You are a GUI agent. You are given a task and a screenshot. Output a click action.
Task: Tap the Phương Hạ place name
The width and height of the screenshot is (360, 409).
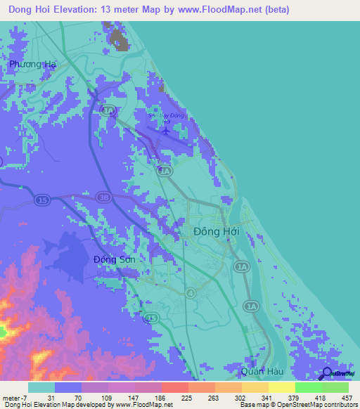pyautogui.click(x=32, y=64)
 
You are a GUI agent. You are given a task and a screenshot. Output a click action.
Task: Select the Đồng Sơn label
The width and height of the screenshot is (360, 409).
pyautogui.click(x=115, y=259)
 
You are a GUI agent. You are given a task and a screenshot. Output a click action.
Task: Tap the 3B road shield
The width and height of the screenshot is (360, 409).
pyautogui.click(x=103, y=197)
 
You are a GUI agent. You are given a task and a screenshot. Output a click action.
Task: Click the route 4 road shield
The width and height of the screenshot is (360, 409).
pyautogui.click(x=190, y=292)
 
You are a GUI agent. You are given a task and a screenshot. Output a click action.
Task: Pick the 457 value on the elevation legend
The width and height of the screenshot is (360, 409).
pyautogui.click(x=347, y=397)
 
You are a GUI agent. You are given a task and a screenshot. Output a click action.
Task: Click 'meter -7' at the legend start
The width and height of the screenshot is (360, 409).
pyautogui.click(x=15, y=397)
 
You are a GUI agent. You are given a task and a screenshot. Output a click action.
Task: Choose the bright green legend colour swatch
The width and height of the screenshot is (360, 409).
pyautogui.click(x=308, y=387)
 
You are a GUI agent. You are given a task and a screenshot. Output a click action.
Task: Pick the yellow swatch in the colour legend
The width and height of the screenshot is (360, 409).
pyautogui.click(x=281, y=387)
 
